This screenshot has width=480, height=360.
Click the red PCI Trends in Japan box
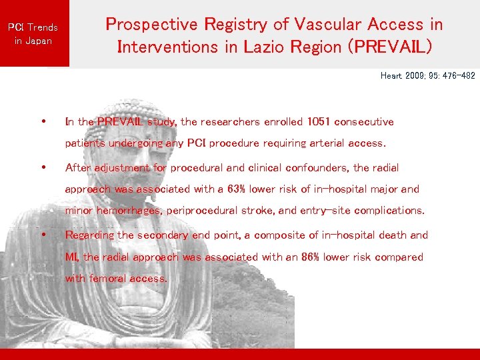[x=33, y=33]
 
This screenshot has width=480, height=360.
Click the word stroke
[x=259, y=211]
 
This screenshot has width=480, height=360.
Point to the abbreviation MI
[x=72, y=257]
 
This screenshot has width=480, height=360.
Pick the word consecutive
[x=364, y=122]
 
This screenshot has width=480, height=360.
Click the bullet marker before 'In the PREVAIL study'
[x=43, y=122]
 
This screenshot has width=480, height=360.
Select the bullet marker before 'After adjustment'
[x=43, y=167]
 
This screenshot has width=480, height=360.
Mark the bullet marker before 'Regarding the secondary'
[x=43, y=235]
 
